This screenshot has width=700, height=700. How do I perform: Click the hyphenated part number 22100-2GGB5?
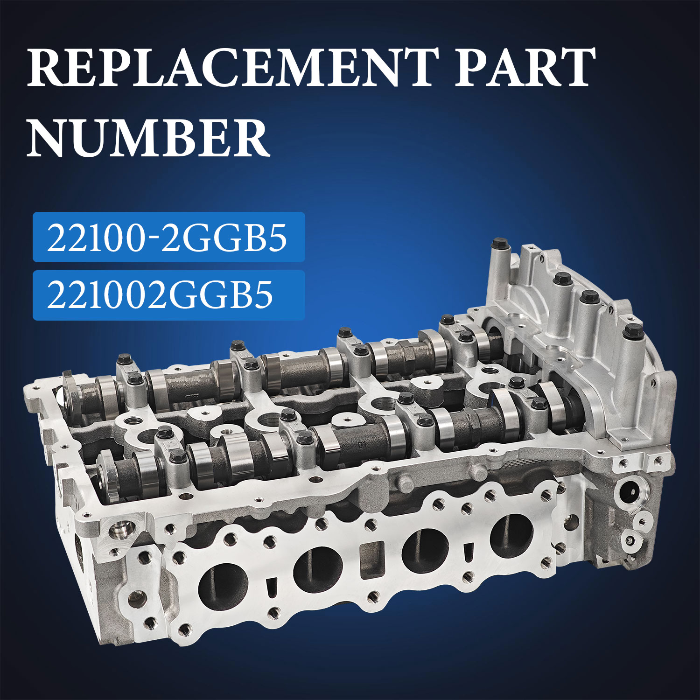[x=167, y=238]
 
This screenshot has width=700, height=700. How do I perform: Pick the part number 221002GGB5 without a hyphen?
[x=160, y=295]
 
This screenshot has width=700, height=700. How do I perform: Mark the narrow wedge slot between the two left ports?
[x=271, y=587]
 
